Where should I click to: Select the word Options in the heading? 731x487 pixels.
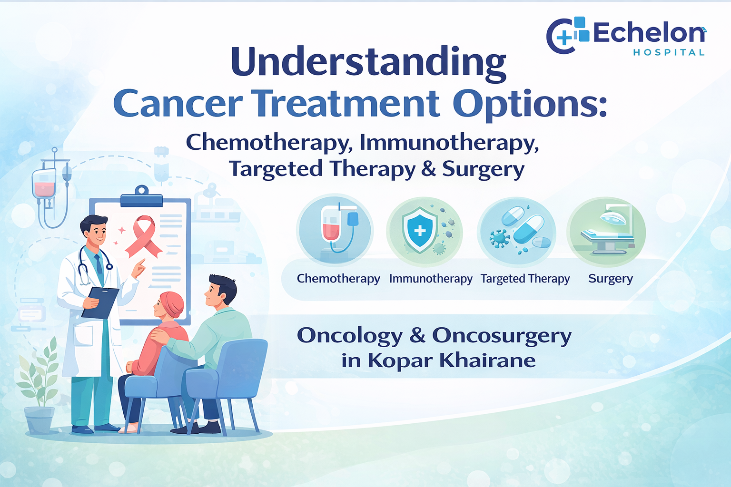(x=529, y=104)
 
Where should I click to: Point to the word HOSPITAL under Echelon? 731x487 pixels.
(x=669, y=52)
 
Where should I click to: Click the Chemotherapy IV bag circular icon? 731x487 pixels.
(x=335, y=231)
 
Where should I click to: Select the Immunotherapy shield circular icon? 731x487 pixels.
(x=424, y=231)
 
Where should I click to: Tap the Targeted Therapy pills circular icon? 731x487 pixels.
(x=516, y=231)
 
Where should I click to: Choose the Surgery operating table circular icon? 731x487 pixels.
(x=606, y=231)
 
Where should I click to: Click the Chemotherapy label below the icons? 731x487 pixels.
(x=338, y=279)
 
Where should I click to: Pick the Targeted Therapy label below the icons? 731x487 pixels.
(x=525, y=279)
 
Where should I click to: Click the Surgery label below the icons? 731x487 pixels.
(x=610, y=278)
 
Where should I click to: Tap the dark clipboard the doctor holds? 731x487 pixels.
(x=100, y=302)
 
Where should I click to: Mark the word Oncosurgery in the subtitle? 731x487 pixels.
(x=502, y=335)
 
